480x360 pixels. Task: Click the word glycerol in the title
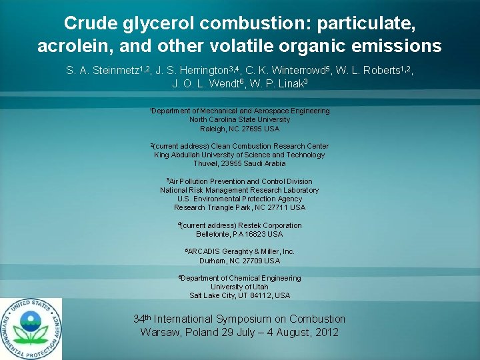click(155, 23)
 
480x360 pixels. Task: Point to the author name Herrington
click(200, 69)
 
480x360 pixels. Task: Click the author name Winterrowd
click(281, 69)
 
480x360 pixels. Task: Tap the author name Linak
click(285, 83)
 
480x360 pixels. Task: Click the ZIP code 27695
click(252, 128)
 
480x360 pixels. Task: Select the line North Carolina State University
click(240, 119)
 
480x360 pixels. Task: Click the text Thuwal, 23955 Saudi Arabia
click(239, 163)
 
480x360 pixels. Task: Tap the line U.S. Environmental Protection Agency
click(239, 199)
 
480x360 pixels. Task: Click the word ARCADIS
click(205, 252)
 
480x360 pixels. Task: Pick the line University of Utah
click(239, 287)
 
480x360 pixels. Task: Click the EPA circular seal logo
click(31, 329)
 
